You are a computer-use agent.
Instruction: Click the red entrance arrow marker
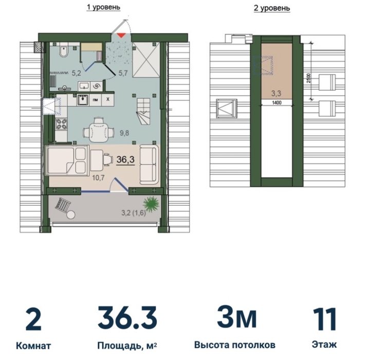pos(121,35)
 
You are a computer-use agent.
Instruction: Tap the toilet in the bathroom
pos(64,51)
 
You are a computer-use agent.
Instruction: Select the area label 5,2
pos(76,73)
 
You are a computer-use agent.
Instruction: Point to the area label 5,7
pos(123,73)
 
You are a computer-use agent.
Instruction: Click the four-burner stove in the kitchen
pos(61,124)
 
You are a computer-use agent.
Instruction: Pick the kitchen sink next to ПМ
pos(83,100)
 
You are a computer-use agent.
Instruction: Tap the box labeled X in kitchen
pos(107,99)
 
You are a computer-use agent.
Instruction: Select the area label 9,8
pos(124,133)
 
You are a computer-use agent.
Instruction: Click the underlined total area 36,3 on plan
pos(125,159)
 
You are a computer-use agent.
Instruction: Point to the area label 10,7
pos(98,177)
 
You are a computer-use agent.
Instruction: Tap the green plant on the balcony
pos(151,204)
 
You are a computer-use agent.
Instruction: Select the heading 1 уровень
pos(103,7)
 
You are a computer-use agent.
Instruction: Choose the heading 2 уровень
pos(272,8)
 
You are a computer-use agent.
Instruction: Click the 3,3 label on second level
pos(276,93)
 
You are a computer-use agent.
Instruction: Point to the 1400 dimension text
pos(277,103)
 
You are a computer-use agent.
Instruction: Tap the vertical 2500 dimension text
pos(309,78)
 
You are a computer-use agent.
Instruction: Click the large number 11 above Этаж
pos(324,319)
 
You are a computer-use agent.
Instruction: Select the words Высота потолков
pos(235,345)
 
